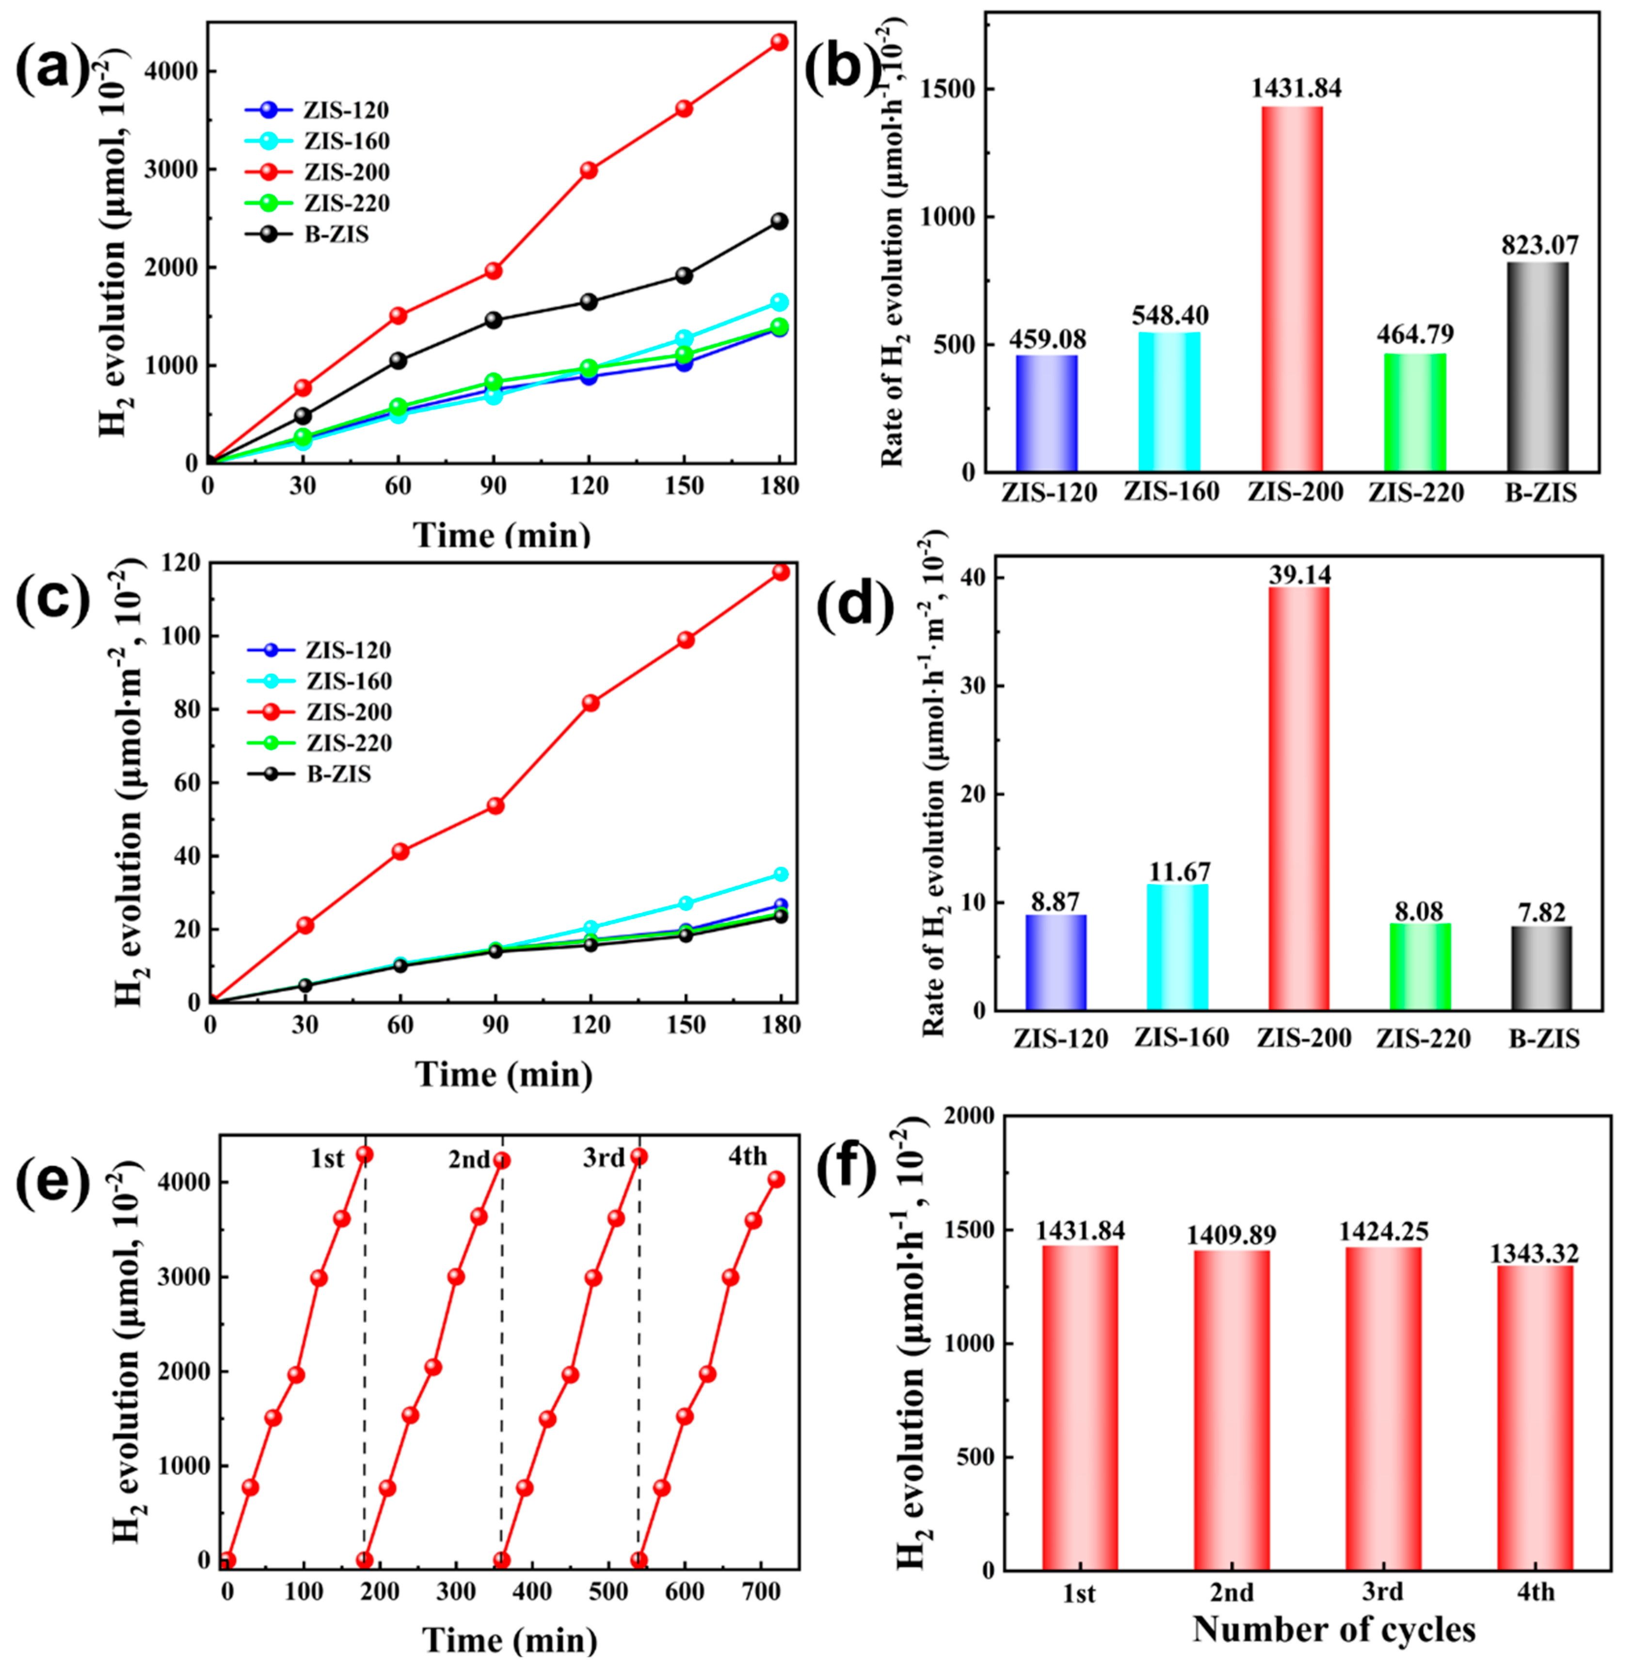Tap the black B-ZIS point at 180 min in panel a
(x=779, y=221)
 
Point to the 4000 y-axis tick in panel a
(x=174, y=71)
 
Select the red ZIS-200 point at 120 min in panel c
(x=590, y=702)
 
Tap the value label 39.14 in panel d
(x=1299, y=574)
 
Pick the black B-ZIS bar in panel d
(x=1541, y=967)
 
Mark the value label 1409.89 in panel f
(x=1231, y=1235)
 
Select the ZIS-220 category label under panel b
(x=1416, y=492)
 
